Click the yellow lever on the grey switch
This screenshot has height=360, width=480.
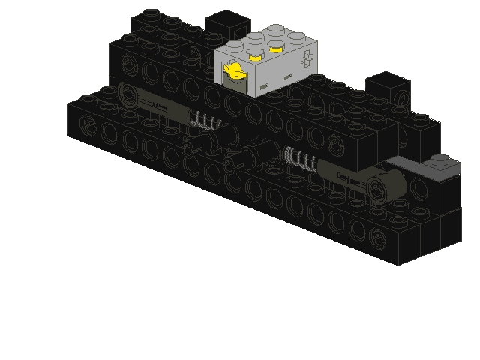point(235,73)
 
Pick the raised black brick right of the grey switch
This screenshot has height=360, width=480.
point(387,86)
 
